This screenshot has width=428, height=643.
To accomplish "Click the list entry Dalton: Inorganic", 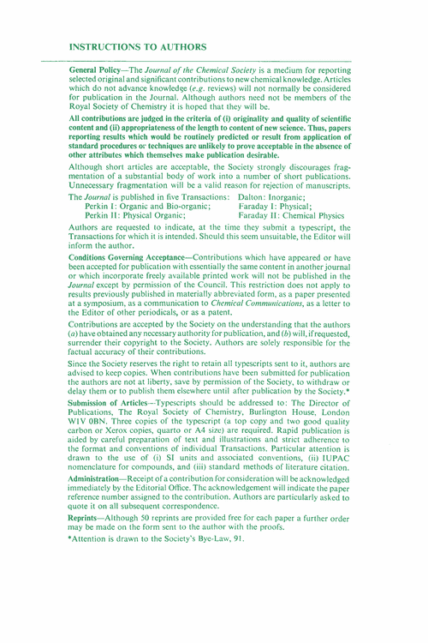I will tap(279, 197).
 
